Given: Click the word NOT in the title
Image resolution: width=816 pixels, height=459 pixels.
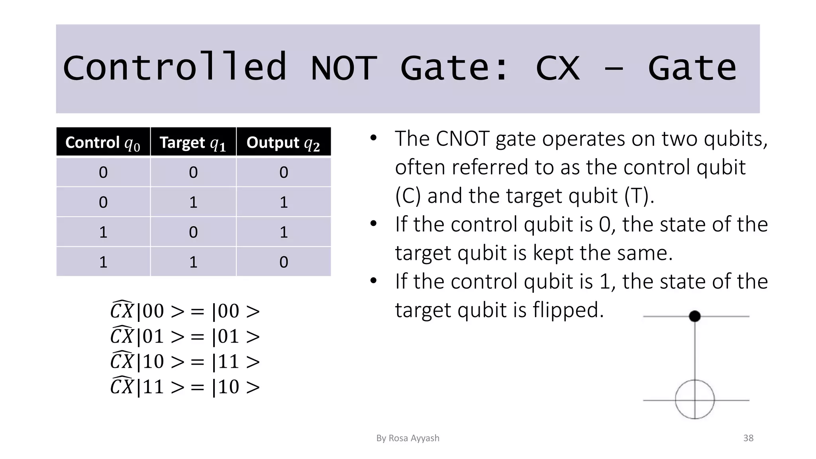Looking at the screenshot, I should point(344,68).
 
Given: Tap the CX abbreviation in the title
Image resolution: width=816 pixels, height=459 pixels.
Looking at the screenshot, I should point(557,68).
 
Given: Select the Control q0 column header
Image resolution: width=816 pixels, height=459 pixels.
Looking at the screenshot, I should point(103,142).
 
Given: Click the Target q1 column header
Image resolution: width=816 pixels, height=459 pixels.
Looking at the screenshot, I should point(193,142).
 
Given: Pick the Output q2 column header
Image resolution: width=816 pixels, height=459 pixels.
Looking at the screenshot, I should point(283,142).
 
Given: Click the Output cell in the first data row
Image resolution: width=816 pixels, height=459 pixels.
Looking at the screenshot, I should point(283,172).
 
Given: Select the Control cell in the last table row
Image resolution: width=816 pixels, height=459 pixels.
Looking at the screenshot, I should point(103,262).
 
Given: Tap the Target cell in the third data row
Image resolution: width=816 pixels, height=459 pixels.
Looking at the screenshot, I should point(193,232).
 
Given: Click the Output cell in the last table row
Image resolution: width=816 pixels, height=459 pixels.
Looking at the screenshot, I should point(283,262).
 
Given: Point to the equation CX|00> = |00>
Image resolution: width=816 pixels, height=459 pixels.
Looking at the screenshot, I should point(185,311).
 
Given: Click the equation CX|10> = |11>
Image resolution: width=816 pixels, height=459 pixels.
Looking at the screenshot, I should point(185,361).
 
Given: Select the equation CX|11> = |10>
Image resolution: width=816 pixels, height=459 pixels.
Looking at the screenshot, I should point(185,386).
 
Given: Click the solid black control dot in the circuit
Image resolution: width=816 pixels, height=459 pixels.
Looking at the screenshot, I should point(694,316).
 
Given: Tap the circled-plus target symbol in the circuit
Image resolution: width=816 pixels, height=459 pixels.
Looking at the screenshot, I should point(694,399).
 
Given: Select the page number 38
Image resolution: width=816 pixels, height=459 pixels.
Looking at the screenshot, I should point(748,438).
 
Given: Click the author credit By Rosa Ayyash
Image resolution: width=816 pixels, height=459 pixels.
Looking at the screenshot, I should point(408,438).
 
